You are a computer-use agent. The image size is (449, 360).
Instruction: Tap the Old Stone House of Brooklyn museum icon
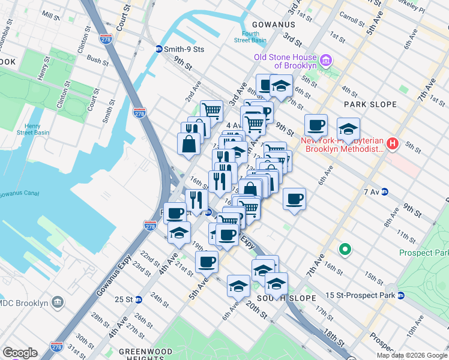coord(327,61)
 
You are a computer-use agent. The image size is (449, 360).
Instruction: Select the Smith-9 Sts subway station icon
coord(158,49)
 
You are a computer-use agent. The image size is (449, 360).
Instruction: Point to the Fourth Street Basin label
coord(250,37)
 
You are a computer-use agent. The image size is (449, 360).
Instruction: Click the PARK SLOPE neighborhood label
coord(370,104)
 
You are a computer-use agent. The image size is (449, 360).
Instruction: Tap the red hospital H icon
coord(393,143)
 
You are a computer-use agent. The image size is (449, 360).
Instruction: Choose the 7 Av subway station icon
coord(385,192)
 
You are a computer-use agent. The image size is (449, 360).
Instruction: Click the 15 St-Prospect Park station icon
coord(401,295)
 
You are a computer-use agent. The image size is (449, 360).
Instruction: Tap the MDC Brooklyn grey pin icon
coord(58,302)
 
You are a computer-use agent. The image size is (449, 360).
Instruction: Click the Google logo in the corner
coord(20,353)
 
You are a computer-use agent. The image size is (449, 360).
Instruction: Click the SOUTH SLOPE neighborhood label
coord(278,298)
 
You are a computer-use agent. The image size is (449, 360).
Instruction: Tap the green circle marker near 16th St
coord(345,248)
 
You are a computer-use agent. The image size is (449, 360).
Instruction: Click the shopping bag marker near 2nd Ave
coord(188,144)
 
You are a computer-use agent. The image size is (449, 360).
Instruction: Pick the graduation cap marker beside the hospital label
coord(348,128)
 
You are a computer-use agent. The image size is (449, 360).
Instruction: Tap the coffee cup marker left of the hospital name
coord(316,125)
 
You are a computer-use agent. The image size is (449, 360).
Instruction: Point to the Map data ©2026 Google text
coord(411,355)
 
